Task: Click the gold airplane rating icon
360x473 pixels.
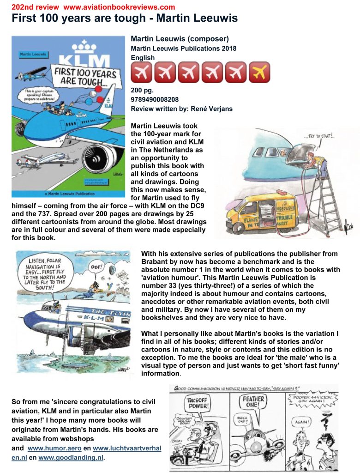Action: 259,73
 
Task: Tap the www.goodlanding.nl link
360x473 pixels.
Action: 71,458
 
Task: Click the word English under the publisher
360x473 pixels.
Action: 143,58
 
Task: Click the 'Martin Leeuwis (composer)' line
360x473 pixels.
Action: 180,39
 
